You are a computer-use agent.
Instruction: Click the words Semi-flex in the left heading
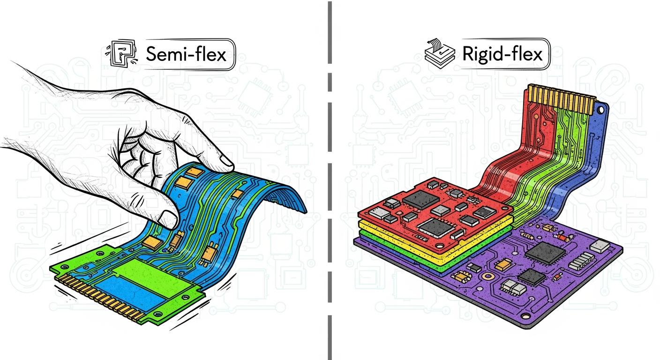pyautogui.click(x=186, y=54)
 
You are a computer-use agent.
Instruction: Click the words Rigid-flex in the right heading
pyautogui.click(x=502, y=54)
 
